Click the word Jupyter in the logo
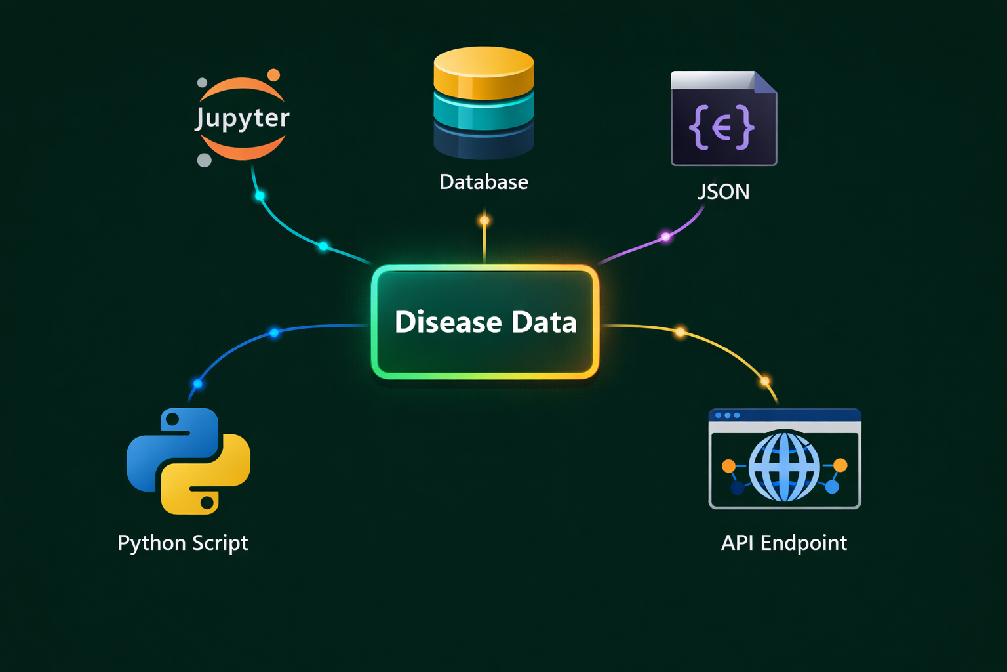coord(242,118)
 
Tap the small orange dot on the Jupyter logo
coord(273,75)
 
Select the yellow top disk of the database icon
coord(484,70)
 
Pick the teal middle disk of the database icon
coord(484,113)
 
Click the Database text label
coord(484,182)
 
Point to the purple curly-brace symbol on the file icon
coord(722,127)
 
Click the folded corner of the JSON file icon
coord(764,83)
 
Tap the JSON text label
coord(723,192)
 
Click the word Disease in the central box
coord(448,322)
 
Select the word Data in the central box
coord(544,322)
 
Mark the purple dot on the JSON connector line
coord(665,237)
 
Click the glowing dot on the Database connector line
coord(484,220)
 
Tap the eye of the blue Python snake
coord(172,419)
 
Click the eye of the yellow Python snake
coord(207,503)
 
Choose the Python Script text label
coord(182,543)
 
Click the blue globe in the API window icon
coord(784,467)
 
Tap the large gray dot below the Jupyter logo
coord(205,160)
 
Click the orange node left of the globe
coord(728,466)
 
